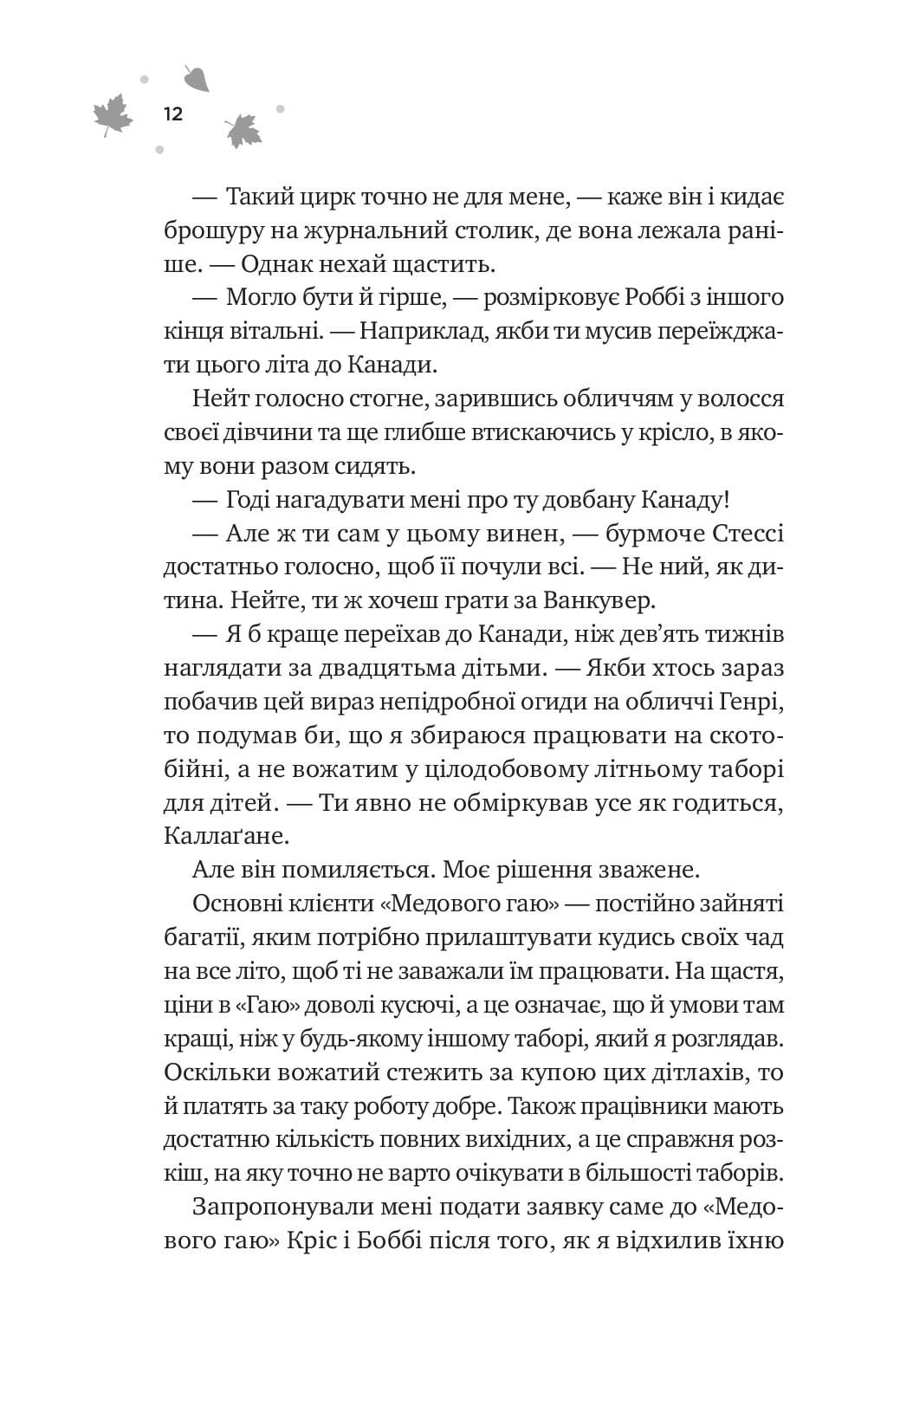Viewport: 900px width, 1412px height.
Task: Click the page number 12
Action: click(172, 113)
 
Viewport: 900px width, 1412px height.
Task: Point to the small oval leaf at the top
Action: click(197, 78)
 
